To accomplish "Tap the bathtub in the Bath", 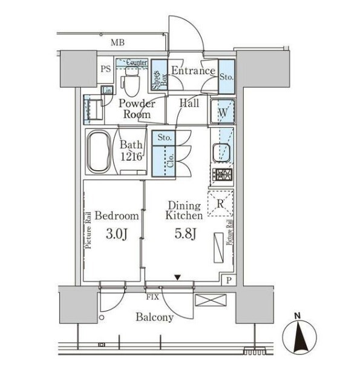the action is click(x=99, y=152).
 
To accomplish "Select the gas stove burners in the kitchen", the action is click(x=223, y=174).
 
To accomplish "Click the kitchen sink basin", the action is click(x=221, y=153).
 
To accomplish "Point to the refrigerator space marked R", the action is click(x=220, y=204).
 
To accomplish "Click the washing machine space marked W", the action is click(x=223, y=112).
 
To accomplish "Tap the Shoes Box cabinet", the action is click(x=160, y=75).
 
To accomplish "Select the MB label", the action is click(x=118, y=43).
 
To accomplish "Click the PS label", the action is click(x=106, y=69).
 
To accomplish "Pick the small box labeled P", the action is click(x=229, y=280).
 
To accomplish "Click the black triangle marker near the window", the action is click(x=178, y=277).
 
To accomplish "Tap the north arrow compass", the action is click(x=299, y=337).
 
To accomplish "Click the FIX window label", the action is click(x=152, y=297).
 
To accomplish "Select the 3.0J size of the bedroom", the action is click(x=117, y=234).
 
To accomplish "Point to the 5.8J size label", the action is click(x=185, y=234).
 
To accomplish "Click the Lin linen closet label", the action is click(x=107, y=91).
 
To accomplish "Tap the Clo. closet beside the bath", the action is click(x=163, y=161).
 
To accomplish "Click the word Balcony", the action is click(x=155, y=317).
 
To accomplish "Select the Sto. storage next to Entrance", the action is click(x=226, y=77).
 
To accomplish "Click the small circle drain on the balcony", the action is click(x=102, y=317).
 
